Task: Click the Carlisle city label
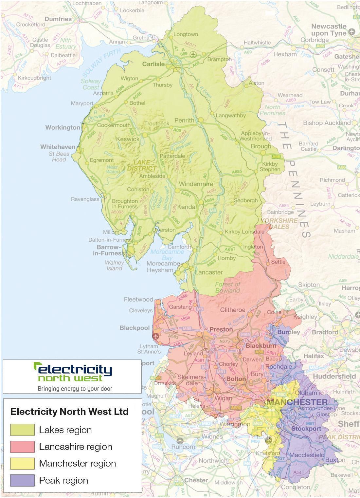(153, 64)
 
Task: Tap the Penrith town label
(184, 120)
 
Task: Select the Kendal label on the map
(187, 207)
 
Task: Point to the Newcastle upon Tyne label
(329, 30)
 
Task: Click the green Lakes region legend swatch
(22, 430)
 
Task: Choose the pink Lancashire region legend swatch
(22, 447)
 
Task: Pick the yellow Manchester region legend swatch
(22, 463)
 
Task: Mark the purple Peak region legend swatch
(22, 480)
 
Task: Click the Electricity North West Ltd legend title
(69, 412)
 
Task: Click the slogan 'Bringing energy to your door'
(75, 389)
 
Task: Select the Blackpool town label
(135, 328)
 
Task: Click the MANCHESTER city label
(297, 402)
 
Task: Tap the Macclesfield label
(307, 455)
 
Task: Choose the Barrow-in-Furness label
(109, 250)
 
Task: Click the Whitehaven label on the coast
(58, 147)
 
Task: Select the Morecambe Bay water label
(167, 255)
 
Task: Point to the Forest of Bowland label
(228, 287)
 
